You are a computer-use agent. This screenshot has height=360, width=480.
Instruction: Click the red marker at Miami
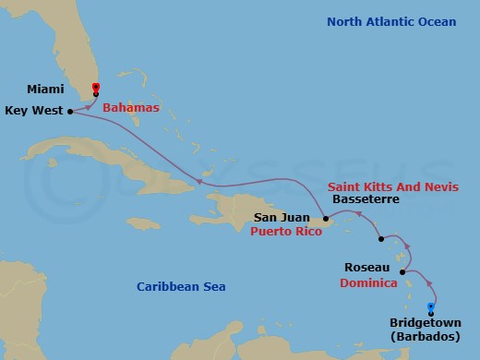pyautogui.click(x=96, y=89)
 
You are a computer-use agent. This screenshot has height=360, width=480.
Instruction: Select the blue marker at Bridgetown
pyautogui.click(x=430, y=307)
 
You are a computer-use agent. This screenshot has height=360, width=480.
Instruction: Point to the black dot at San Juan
pyautogui.click(x=327, y=219)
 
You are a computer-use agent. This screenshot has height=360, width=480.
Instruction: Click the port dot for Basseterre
pyautogui.click(x=381, y=238)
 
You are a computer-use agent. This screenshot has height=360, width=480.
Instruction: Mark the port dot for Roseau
pyautogui.click(x=402, y=271)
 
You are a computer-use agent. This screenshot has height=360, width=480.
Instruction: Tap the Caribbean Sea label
pyautogui.click(x=181, y=287)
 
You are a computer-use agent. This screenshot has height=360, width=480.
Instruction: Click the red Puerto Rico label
pyautogui.click(x=286, y=233)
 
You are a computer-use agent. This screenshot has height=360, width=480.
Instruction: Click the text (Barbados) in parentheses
pyautogui.click(x=422, y=338)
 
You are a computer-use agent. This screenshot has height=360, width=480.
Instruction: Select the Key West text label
pyautogui.click(x=33, y=110)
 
